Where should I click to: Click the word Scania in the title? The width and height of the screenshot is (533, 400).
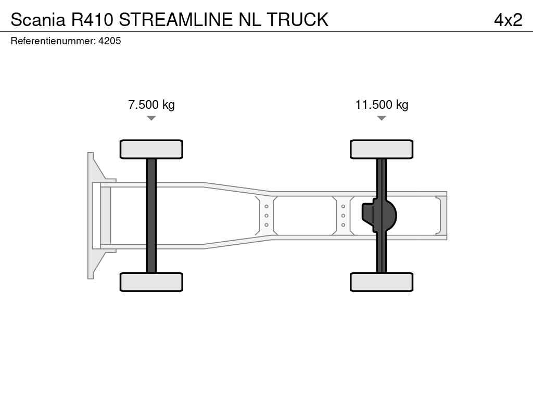[x=37, y=19]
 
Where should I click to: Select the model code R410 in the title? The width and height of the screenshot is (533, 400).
[x=92, y=19]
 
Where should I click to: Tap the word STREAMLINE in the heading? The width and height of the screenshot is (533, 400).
[x=176, y=19]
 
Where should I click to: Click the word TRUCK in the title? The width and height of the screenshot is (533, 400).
[x=298, y=19]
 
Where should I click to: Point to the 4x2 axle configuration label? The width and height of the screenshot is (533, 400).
[x=508, y=20]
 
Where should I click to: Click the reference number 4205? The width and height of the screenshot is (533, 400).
[x=109, y=41]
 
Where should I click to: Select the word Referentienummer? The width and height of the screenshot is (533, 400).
[x=53, y=41]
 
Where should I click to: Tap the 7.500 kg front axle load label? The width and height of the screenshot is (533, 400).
[x=151, y=104]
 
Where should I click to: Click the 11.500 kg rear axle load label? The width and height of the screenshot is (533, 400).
[x=382, y=104]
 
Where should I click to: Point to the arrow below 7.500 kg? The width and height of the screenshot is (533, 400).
[x=151, y=118]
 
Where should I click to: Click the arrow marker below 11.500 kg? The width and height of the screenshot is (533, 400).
[x=382, y=118]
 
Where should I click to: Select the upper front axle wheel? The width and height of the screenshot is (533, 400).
[x=151, y=149]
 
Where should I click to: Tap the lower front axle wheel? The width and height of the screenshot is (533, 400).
[x=151, y=282]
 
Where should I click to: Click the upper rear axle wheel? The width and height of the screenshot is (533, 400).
[x=382, y=149]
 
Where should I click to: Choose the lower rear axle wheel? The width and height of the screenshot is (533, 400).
[x=382, y=282]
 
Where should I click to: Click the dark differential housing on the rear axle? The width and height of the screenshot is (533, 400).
[x=379, y=216]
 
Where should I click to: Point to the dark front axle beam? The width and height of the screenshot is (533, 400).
[x=151, y=216]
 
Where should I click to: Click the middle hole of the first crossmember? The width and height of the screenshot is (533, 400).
[x=266, y=216]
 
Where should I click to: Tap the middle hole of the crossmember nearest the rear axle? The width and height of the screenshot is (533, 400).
[x=344, y=216]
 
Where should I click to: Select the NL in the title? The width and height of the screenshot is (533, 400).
[x=250, y=19]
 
